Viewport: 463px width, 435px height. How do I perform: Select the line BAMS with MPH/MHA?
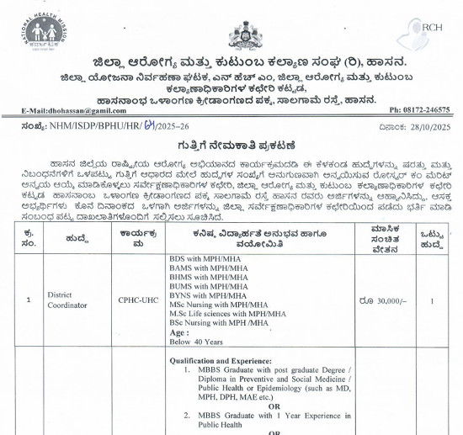(x=201, y=269)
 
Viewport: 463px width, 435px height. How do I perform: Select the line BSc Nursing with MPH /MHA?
(x=215, y=321)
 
